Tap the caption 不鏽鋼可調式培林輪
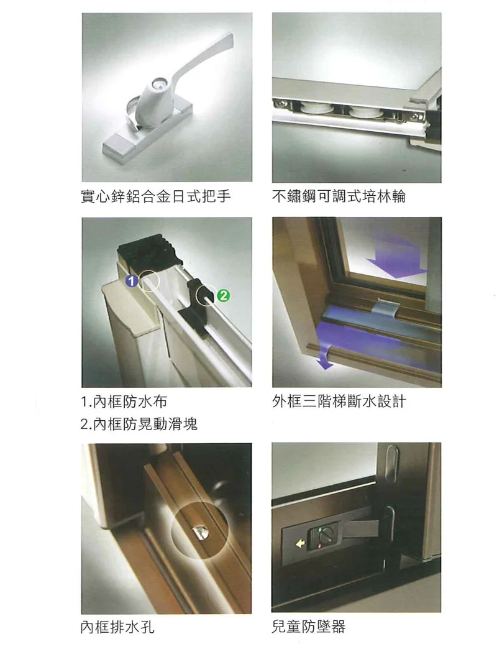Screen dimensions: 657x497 339,197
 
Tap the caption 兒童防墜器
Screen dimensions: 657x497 308,627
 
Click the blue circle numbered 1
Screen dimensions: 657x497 130,282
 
